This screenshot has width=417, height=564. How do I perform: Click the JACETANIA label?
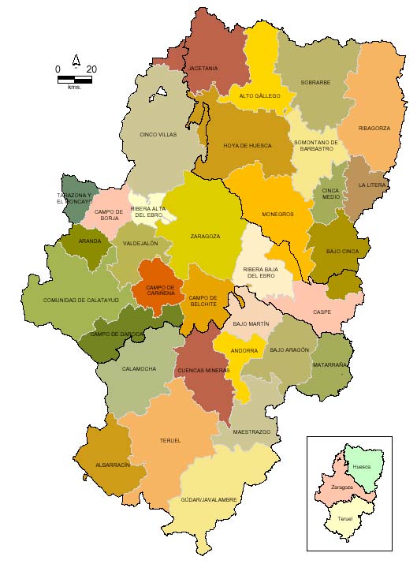point(203,69)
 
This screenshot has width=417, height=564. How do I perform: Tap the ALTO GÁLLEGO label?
point(259,96)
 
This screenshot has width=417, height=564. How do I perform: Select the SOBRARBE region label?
point(315,82)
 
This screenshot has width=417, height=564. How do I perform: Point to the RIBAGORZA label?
point(374,128)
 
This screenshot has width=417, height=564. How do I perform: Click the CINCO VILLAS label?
point(158,135)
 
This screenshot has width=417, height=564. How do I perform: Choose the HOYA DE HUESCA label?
point(248,146)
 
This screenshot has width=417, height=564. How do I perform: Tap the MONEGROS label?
point(277,214)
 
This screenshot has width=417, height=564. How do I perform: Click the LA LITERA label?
point(371,185)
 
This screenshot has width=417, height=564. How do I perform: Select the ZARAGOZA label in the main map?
point(205,236)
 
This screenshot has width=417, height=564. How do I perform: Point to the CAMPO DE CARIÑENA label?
point(161,289)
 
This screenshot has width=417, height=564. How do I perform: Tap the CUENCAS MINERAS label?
point(204,370)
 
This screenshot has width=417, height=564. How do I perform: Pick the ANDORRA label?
point(244,351)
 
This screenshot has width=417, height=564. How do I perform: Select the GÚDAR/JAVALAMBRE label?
point(209,499)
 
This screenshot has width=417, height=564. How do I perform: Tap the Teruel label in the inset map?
point(345,518)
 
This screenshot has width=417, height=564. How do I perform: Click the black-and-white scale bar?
point(75,80)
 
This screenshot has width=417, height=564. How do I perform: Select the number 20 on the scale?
point(91,69)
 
